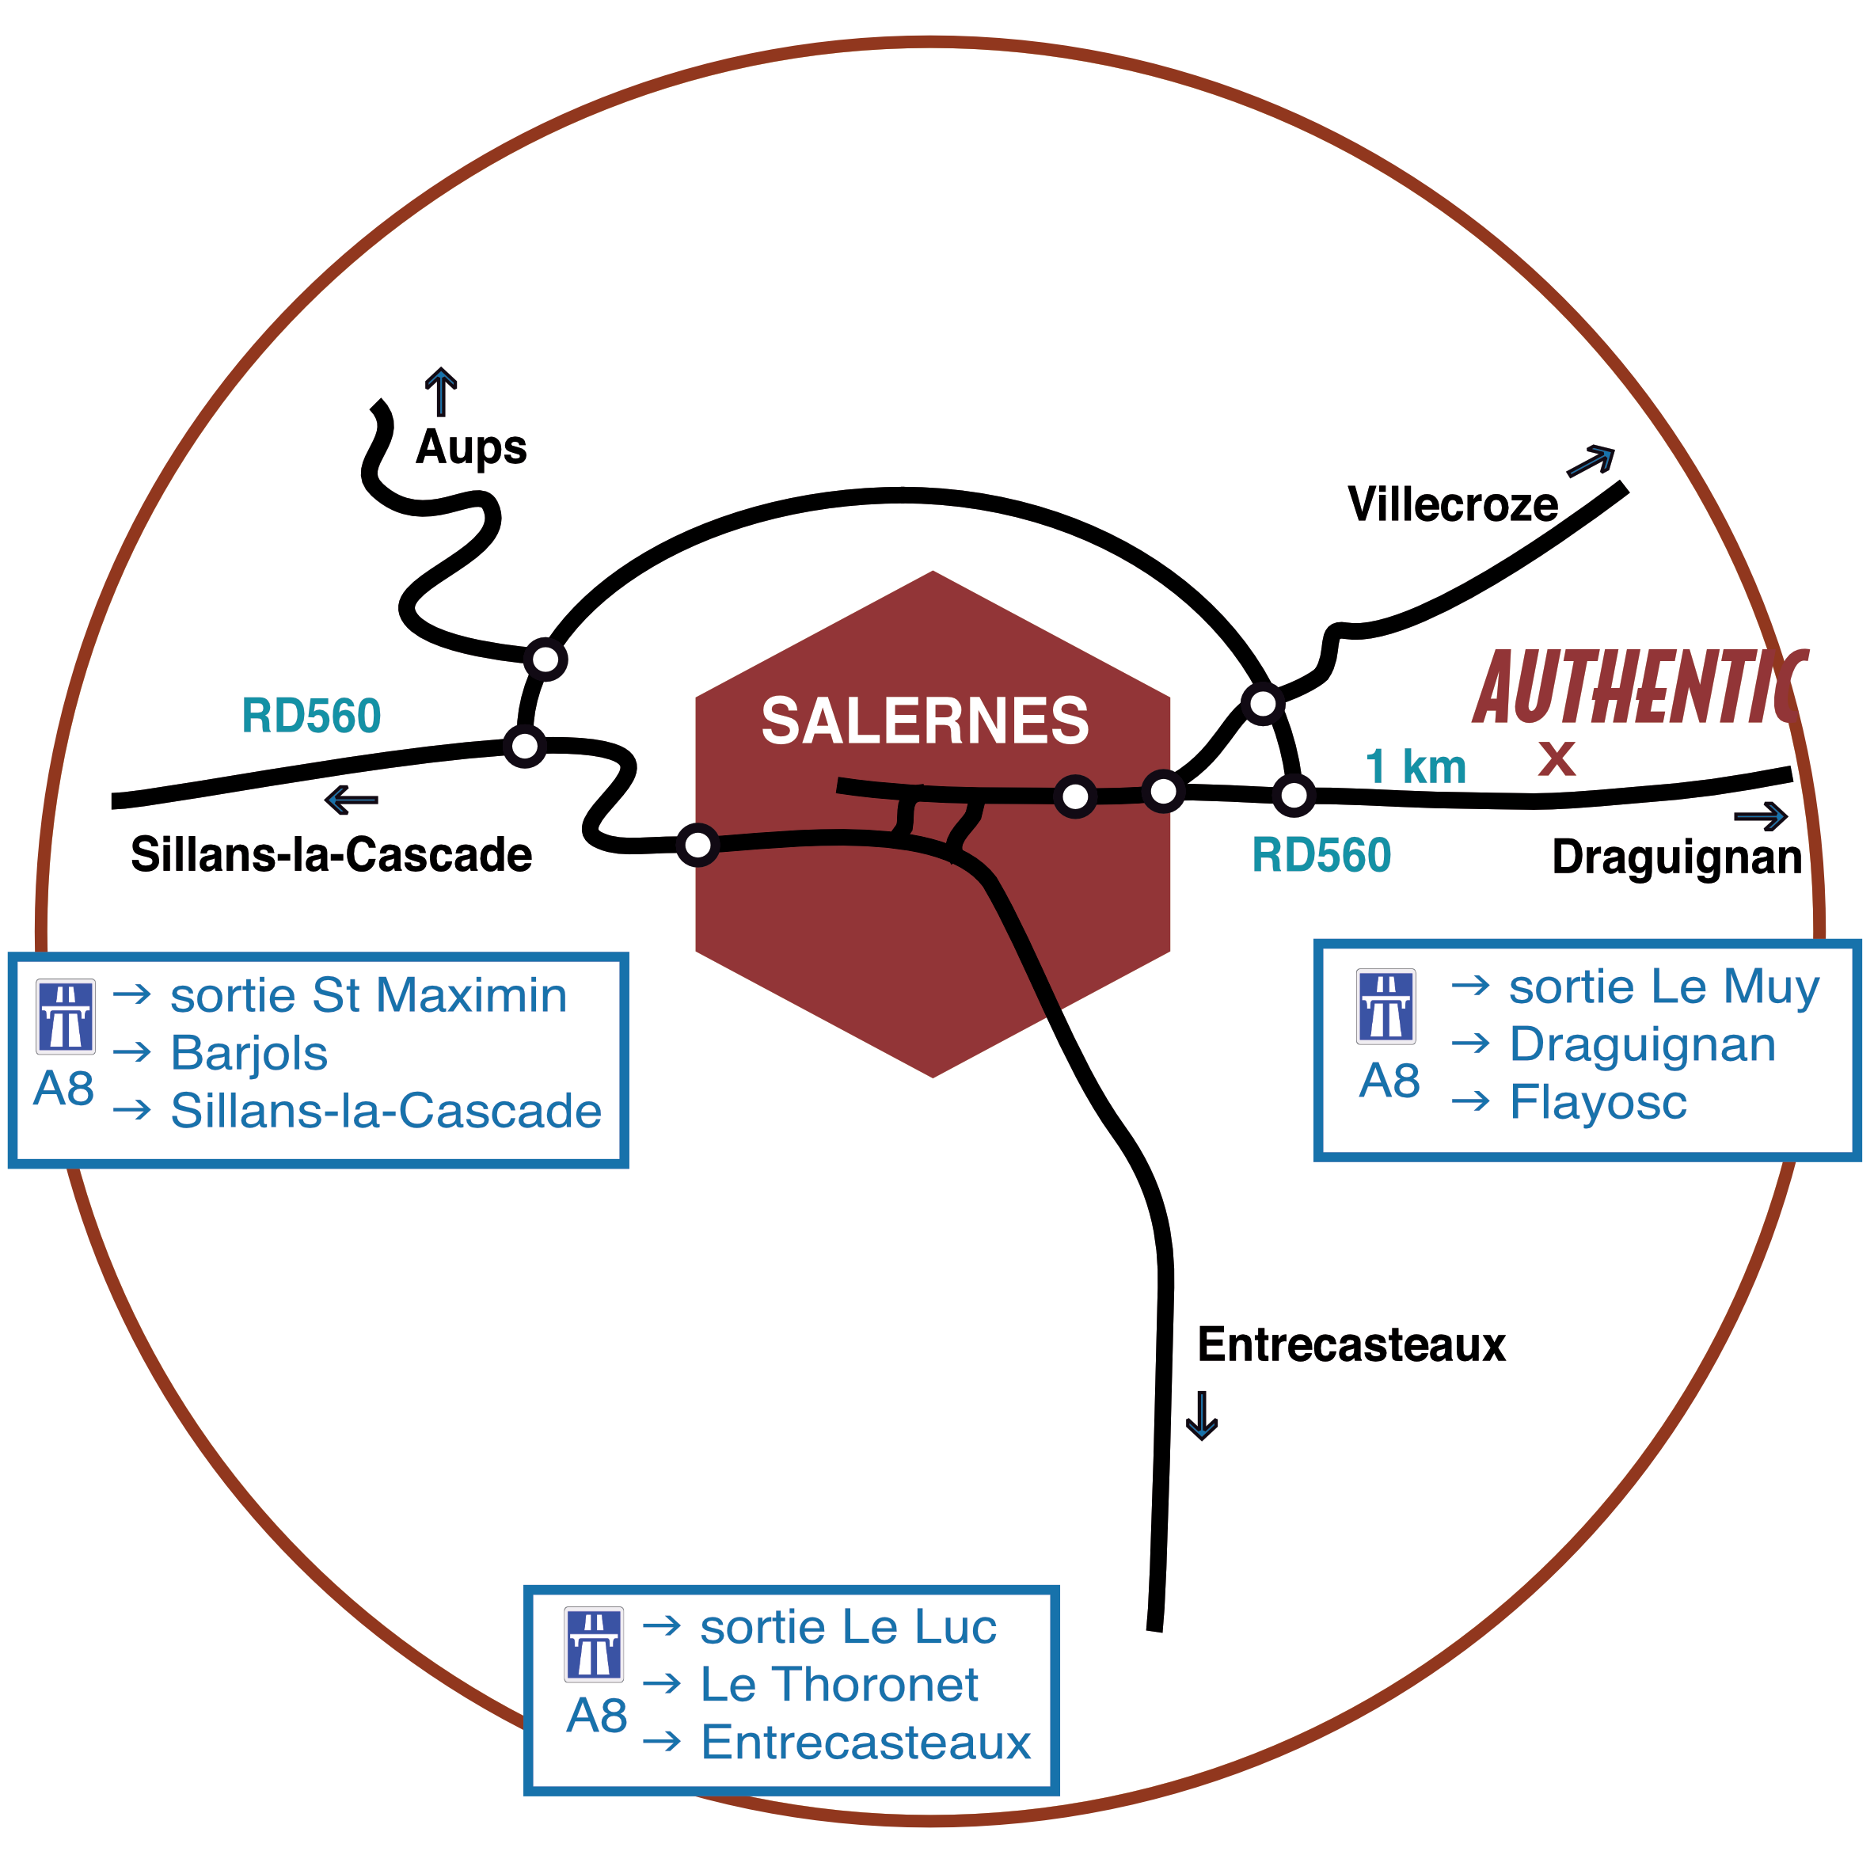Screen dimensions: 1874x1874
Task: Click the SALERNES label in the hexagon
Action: point(925,722)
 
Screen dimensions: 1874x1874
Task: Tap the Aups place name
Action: point(471,448)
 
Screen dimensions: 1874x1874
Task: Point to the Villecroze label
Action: point(1452,504)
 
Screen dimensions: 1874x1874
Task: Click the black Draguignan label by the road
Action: point(1676,857)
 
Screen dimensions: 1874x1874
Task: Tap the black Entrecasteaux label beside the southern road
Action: point(1351,1345)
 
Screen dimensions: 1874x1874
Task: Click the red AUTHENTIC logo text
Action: point(1640,689)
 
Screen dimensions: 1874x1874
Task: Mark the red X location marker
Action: point(1557,758)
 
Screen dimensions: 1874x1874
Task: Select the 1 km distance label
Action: point(1416,767)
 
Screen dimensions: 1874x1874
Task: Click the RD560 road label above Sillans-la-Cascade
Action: point(311,717)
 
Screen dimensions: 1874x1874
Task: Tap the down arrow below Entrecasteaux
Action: point(1202,1416)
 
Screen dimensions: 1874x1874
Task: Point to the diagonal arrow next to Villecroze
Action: point(1591,461)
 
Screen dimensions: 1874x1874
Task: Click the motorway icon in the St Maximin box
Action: point(66,1017)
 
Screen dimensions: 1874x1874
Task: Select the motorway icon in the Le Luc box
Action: point(594,1644)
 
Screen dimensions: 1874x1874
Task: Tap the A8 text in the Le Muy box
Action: point(1389,1081)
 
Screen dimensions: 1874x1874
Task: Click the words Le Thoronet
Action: point(839,1685)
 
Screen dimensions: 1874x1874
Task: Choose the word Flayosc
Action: point(1598,1103)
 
